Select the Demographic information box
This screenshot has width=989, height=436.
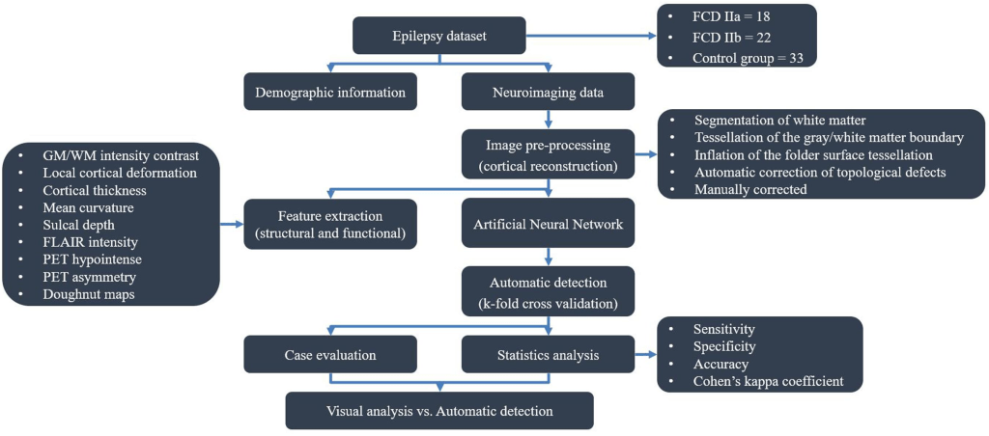(x=330, y=94)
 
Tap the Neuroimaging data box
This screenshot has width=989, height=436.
(x=548, y=94)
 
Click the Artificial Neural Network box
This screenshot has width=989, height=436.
(x=548, y=225)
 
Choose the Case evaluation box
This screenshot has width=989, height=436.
(x=330, y=354)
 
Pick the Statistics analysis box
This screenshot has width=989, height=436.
(x=548, y=354)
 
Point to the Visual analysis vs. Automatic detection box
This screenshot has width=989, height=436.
(x=438, y=411)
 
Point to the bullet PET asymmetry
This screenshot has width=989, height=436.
(x=88, y=276)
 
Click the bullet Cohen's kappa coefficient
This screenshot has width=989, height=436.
(x=769, y=381)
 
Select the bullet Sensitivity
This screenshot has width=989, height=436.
(x=724, y=329)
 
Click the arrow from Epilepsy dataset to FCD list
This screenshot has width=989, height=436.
(x=588, y=37)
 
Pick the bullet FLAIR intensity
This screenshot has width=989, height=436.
(x=91, y=241)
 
